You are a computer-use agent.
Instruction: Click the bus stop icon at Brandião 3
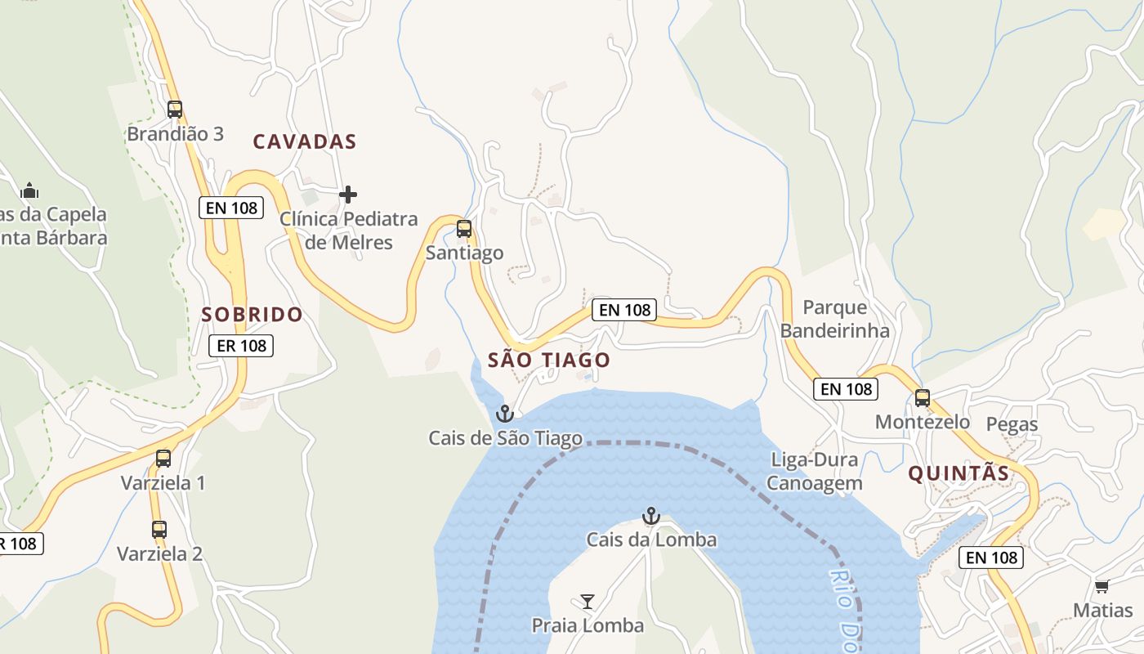[174, 109]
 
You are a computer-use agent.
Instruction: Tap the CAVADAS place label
[305, 141]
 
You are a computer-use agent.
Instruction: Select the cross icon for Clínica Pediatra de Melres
[348, 195]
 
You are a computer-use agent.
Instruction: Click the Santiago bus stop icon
[464, 229]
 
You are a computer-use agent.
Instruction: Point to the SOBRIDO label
[252, 314]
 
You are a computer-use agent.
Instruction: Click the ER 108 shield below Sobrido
[241, 346]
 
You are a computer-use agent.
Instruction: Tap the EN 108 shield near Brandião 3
[232, 208]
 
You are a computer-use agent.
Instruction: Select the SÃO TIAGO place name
[548, 360]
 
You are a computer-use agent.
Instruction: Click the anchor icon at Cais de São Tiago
[505, 414]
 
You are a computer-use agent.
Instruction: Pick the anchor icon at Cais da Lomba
[650, 516]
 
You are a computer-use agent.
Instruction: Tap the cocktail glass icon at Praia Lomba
[587, 602]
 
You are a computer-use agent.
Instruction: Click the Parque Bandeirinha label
[834, 319]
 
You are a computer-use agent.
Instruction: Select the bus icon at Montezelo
[922, 398]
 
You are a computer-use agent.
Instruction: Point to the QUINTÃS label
[959, 473]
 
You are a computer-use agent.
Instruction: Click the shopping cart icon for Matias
[1102, 586]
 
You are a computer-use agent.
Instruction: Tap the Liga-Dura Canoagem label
[814, 471]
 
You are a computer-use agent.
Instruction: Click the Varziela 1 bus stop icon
[163, 458]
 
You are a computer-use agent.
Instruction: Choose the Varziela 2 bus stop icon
[159, 529]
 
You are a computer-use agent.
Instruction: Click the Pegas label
[1012, 424]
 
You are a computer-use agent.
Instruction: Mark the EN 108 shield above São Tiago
[625, 310]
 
